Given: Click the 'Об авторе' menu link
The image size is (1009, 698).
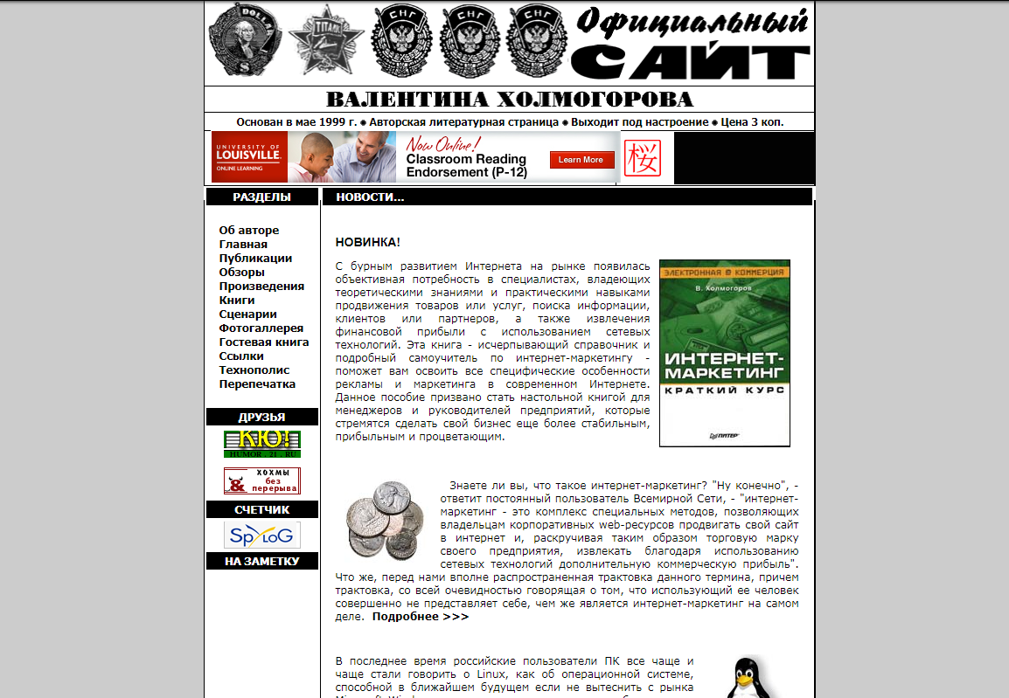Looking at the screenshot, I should click(x=249, y=231).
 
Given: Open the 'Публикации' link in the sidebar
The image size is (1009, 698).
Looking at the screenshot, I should click(x=255, y=259).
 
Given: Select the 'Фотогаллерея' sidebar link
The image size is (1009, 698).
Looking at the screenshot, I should click(x=261, y=328).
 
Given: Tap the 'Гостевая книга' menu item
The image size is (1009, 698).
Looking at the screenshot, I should click(x=263, y=342).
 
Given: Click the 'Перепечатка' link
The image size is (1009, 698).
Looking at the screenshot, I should click(x=257, y=384).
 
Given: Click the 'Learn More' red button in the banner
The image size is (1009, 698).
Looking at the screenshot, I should click(x=581, y=160).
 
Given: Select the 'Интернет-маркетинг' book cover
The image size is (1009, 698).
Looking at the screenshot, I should click(x=724, y=353).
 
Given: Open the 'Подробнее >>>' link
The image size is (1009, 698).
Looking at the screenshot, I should click(x=420, y=617).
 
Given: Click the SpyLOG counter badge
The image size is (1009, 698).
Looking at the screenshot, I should click(x=262, y=535).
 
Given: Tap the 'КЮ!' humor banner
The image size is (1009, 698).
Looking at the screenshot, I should click(x=262, y=444).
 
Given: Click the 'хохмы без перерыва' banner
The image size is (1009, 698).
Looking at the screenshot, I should click(x=262, y=481).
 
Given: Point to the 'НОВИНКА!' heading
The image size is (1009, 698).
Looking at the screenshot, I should click(x=367, y=242).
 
